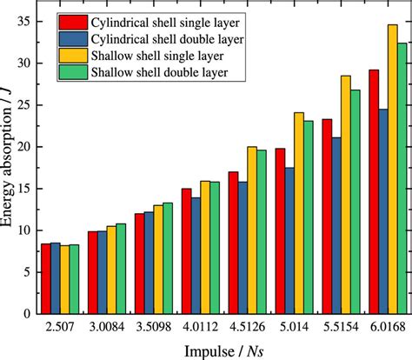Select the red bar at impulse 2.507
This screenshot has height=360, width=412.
click(46, 279)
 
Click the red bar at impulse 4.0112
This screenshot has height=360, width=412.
click(186, 251)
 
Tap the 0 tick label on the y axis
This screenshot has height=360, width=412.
click(28, 314)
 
